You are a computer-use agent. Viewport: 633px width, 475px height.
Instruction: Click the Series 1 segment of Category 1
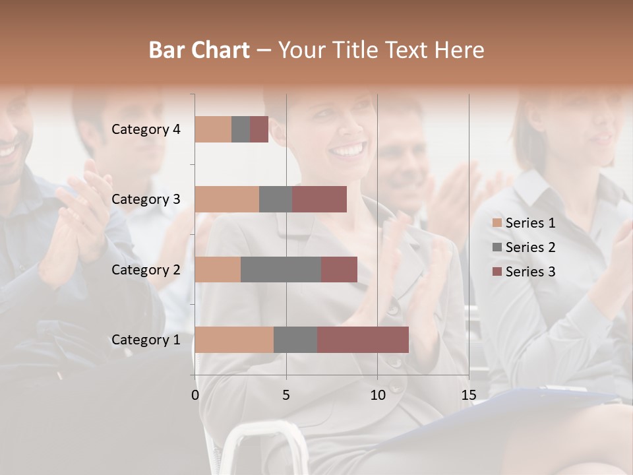[x=234, y=340]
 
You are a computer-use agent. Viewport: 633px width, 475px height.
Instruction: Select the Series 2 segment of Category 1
[x=295, y=340]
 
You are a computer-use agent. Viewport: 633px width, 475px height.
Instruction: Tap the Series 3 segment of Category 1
[x=363, y=340]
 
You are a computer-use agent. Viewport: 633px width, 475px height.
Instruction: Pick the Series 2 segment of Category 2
[x=281, y=269]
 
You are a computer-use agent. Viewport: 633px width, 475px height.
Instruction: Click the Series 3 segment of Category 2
[x=339, y=269]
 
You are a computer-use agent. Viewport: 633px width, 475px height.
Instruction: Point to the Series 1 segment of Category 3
[x=227, y=199]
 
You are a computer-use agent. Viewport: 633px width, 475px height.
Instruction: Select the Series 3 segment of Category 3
[x=319, y=199]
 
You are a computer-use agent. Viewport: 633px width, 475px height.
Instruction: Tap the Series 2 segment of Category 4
[x=241, y=129]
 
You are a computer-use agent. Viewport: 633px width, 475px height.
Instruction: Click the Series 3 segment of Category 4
[x=259, y=129]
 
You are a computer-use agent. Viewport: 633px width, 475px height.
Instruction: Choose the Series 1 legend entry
[x=524, y=223]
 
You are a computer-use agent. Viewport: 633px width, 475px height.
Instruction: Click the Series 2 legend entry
[x=524, y=247]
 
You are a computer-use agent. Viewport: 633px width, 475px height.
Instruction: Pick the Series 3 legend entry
[x=524, y=272]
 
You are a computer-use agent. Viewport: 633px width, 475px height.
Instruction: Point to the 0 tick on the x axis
[x=195, y=395]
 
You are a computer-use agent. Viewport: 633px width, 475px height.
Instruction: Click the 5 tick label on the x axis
[x=286, y=395]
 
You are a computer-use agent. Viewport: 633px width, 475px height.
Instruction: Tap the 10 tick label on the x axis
[x=377, y=395]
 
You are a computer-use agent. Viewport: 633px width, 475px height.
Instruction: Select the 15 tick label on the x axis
[x=468, y=395]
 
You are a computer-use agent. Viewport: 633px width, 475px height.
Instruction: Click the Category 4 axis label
[x=146, y=129]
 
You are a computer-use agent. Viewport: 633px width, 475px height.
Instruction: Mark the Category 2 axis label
[x=146, y=269]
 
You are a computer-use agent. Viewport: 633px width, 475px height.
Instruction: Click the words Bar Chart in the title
[x=199, y=50]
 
